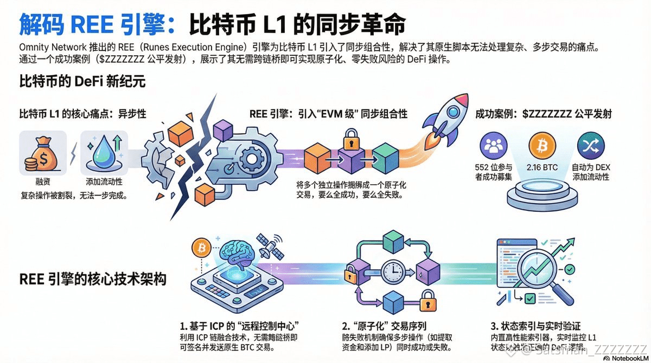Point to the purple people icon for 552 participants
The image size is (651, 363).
[494, 145]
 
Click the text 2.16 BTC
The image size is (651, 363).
[542, 168]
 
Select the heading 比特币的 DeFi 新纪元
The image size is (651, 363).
[82, 83]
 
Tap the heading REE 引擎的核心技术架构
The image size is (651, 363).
[93, 280]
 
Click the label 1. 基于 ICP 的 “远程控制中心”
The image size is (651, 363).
[240, 327]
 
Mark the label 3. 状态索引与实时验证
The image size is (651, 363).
[535, 326]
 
